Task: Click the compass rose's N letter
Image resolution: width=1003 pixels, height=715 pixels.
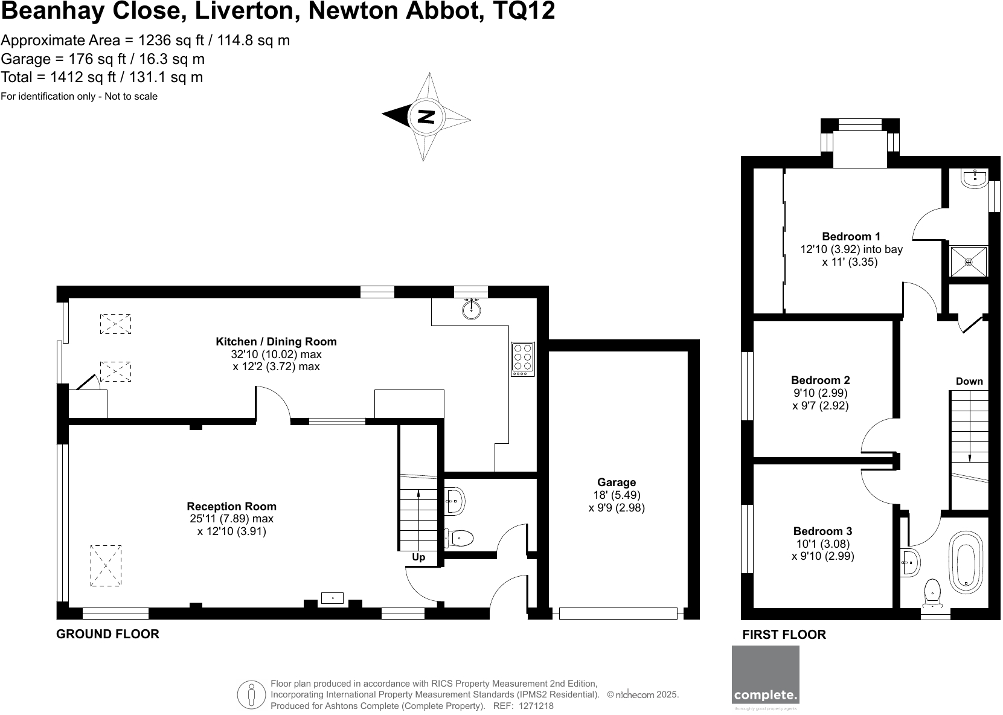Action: click(x=426, y=116)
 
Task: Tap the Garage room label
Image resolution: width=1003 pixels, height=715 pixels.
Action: click(x=617, y=483)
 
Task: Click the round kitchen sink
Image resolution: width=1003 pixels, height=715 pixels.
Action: click(x=472, y=310)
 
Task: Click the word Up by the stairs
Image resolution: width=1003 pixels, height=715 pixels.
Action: click(x=418, y=557)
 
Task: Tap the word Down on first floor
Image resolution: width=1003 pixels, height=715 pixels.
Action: click(x=969, y=382)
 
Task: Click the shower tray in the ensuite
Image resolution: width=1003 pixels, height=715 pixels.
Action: click(x=969, y=262)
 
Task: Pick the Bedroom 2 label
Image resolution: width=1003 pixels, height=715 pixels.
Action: click(x=820, y=380)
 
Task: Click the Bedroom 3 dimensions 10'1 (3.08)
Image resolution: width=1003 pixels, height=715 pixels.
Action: click(x=822, y=544)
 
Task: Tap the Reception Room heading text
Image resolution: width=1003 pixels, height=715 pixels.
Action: click(x=231, y=507)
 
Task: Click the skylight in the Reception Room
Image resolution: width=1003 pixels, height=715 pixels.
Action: click(x=106, y=565)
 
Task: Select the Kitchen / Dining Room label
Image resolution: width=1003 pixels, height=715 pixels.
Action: click(x=276, y=342)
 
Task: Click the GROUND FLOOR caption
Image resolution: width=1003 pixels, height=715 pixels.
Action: click(x=107, y=634)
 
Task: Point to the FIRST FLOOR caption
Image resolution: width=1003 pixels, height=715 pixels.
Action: click(x=784, y=635)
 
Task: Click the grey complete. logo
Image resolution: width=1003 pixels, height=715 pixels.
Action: click(x=765, y=675)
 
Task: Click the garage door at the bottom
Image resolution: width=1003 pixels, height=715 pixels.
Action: click(x=618, y=614)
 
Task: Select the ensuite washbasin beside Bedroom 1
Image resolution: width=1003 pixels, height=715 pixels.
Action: click(x=975, y=178)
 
